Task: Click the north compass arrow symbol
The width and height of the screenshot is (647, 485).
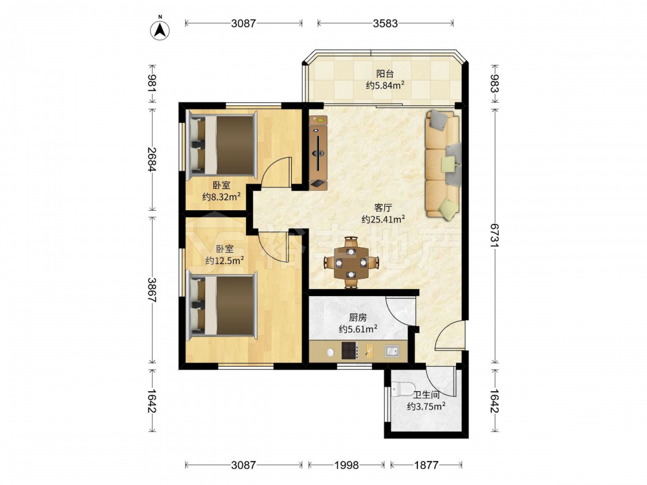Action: [x=160, y=29]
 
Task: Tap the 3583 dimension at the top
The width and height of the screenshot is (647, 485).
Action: [x=386, y=23]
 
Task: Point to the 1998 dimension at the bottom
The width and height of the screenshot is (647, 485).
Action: [x=347, y=465]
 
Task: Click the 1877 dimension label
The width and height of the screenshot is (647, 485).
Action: [x=426, y=465]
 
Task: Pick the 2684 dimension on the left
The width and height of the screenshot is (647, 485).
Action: [x=152, y=159]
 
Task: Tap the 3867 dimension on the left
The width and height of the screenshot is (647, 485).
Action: [x=152, y=290]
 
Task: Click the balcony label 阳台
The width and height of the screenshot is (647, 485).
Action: [x=385, y=74]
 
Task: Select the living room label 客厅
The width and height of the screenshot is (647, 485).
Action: [x=383, y=208]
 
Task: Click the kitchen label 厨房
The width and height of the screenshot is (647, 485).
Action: [x=358, y=318]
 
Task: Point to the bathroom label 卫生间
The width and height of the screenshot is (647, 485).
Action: [x=426, y=395]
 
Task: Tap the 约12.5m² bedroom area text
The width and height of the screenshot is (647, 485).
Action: [x=225, y=260]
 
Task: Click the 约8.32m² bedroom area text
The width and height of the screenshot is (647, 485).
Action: [x=221, y=197]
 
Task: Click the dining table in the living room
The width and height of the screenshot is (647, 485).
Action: [x=351, y=263]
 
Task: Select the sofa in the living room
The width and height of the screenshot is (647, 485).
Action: [x=443, y=164]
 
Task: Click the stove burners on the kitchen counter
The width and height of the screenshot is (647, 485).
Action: [x=349, y=351]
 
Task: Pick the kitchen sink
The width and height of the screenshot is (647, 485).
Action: [x=392, y=351]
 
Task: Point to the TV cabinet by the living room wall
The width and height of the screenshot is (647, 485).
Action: [x=318, y=153]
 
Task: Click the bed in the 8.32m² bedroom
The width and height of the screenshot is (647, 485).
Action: [x=221, y=144]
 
